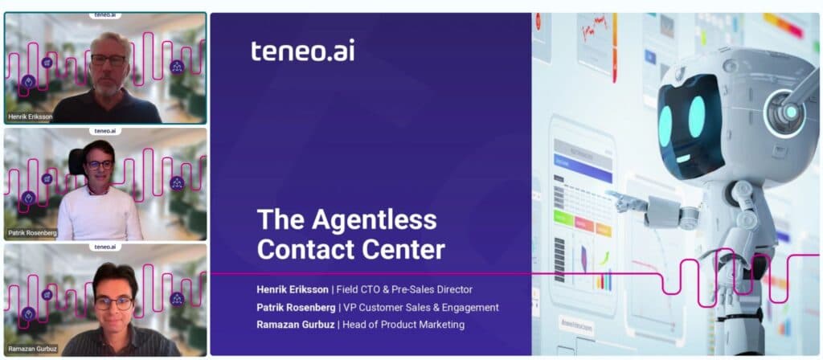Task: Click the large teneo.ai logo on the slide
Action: [x=302, y=51]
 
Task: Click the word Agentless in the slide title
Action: [x=374, y=220]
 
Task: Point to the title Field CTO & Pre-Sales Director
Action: [x=404, y=289]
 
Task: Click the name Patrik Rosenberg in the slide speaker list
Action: [x=296, y=307]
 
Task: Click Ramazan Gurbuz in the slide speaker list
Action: [x=295, y=325]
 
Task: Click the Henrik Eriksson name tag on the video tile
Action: [x=31, y=117]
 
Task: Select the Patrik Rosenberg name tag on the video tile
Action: [x=32, y=232]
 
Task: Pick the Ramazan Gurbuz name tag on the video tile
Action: [x=32, y=349]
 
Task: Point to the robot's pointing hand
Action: [x=623, y=200]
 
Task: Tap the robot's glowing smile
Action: [x=683, y=158]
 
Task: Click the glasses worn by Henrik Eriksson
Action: [x=109, y=59]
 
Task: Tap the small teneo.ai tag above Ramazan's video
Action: [x=105, y=247]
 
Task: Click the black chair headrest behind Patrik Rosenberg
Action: [x=77, y=162]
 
